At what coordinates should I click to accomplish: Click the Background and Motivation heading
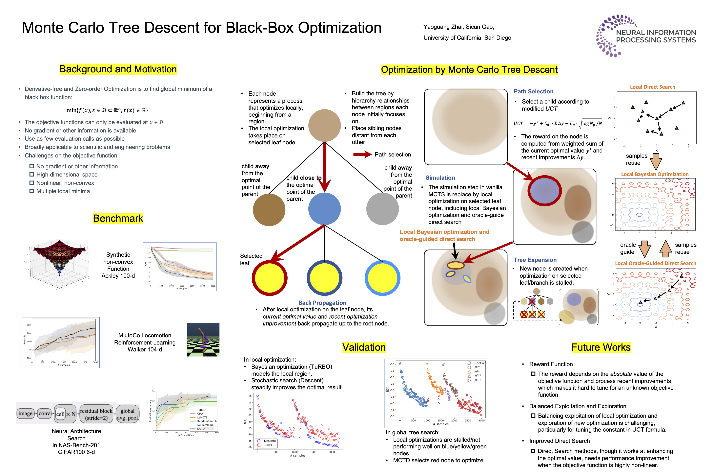[118, 69]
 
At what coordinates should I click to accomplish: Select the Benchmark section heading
[118, 218]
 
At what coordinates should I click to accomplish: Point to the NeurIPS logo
[645, 36]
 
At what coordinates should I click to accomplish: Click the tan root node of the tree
[324, 125]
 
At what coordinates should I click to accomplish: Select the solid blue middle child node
[324, 209]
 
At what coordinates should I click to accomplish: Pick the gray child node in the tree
[382, 209]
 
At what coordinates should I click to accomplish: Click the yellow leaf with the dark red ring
[269, 278]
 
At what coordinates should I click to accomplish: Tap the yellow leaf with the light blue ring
[382, 278]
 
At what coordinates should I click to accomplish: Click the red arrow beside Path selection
[362, 155]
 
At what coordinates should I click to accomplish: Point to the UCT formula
[558, 123]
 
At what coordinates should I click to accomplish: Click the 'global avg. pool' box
[127, 414]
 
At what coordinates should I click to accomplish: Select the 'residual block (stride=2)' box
[96, 414]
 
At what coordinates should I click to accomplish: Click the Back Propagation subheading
[322, 303]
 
